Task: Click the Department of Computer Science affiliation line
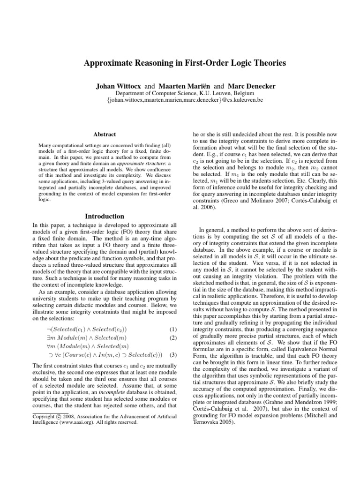[180, 94]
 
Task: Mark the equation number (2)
[172, 338]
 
